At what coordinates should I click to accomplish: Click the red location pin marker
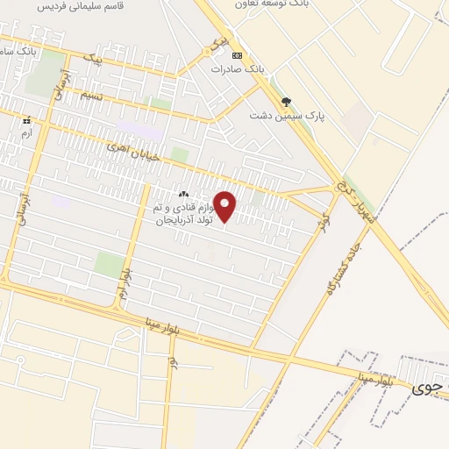pos(225,207)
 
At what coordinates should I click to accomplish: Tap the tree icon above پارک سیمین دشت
pos(286,103)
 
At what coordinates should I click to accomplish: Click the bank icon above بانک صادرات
pos(237,55)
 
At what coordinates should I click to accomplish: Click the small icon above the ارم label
pos(27,119)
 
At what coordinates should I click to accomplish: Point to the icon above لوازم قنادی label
pos(183,195)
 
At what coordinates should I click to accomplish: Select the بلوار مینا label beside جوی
pos(380,378)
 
